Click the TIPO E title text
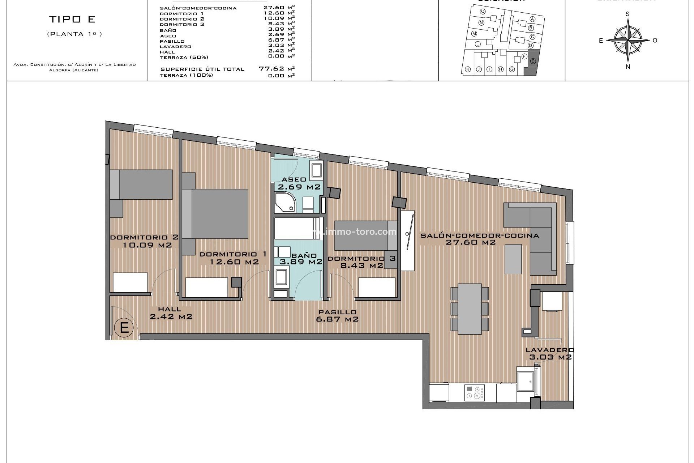(x=72, y=19)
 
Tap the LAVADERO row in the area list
(x=176, y=47)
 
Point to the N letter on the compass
(x=628, y=67)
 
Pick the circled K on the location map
(x=468, y=69)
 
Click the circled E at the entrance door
(x=124, y=328)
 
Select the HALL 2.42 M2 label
(x=171, y=313)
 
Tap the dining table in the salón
(x=470, y=309)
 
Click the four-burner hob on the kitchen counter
(x=474, y=392)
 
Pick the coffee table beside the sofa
(x=513, y=259)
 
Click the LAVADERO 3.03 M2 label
(x=550, y=353)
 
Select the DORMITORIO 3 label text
(x=361, y=259)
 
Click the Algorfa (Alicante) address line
(x=74, y=70)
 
